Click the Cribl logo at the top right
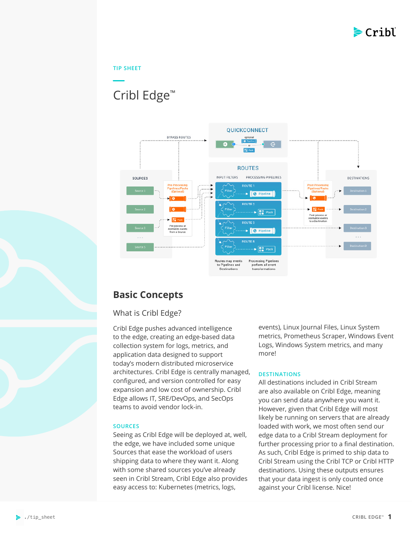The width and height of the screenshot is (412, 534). (375, 32)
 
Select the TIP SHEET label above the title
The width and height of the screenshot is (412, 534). (127, 68)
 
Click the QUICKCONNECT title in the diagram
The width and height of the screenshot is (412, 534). (247, 130)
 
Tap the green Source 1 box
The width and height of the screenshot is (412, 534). (140, 191)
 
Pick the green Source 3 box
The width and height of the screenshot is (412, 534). (140, 228)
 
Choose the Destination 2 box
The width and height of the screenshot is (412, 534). (358, 209)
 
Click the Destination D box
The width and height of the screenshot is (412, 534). (358, 246)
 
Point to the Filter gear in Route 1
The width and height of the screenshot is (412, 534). (228, 191)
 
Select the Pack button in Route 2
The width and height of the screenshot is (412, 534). (267, 212)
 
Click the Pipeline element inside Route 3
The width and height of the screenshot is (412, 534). (263, 231)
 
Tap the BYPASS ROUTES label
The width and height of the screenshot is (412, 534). (179, 137)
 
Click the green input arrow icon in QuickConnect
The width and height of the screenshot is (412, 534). (225, 144)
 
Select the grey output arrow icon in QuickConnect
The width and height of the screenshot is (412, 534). (272, 144)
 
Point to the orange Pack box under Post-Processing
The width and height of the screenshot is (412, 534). (318, 209)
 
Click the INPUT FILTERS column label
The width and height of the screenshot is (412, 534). (227, 178)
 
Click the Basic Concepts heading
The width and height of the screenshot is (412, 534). (148, 295)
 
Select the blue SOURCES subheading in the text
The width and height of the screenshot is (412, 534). (126, 426)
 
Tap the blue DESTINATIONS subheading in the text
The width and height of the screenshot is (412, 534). (279, 374)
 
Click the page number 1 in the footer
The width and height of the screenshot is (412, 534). (389, 517)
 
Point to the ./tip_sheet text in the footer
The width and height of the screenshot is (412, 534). (40, 517)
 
